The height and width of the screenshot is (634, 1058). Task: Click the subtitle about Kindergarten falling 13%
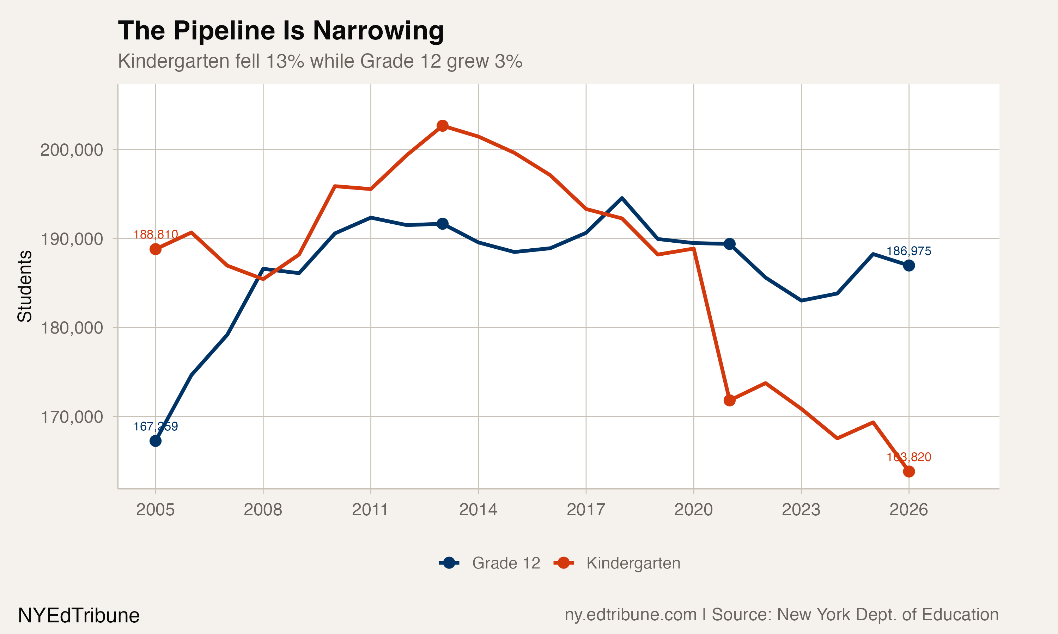320,61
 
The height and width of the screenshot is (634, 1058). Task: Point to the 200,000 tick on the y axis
72,150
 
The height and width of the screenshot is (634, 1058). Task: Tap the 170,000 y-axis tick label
72,417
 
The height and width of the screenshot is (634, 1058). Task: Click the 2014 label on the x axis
478,510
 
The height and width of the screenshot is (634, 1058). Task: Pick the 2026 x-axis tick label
908,510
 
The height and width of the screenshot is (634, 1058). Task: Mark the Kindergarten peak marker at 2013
442,126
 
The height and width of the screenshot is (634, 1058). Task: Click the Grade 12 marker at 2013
442,223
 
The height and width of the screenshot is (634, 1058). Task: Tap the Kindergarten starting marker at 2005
155,249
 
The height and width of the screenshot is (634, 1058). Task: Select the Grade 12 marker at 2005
155,441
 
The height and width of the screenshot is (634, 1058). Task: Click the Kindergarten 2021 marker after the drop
729,400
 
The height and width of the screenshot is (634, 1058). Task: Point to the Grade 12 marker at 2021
729,244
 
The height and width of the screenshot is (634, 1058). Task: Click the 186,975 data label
908,251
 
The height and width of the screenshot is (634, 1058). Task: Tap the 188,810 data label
155,235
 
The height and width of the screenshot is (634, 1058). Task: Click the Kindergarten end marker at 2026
908,471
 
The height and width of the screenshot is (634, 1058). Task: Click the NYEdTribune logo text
79,616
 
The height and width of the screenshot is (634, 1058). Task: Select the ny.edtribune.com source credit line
781,614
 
